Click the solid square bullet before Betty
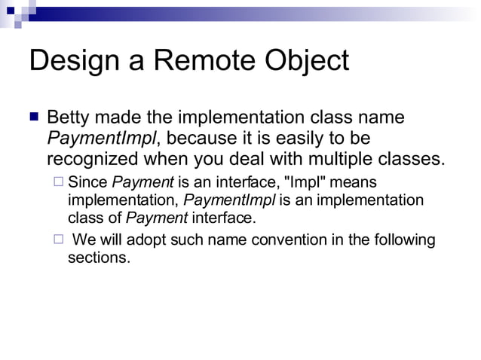pyautogui.click(x=33, y=118)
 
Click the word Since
pyautogui.click(x=87, y=182)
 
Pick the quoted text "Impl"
pyautogui.click(x=299, y=182)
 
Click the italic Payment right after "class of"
pyautogui.click(x=157, y=218)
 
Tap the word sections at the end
pyautogui.click(x=99, y=258)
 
